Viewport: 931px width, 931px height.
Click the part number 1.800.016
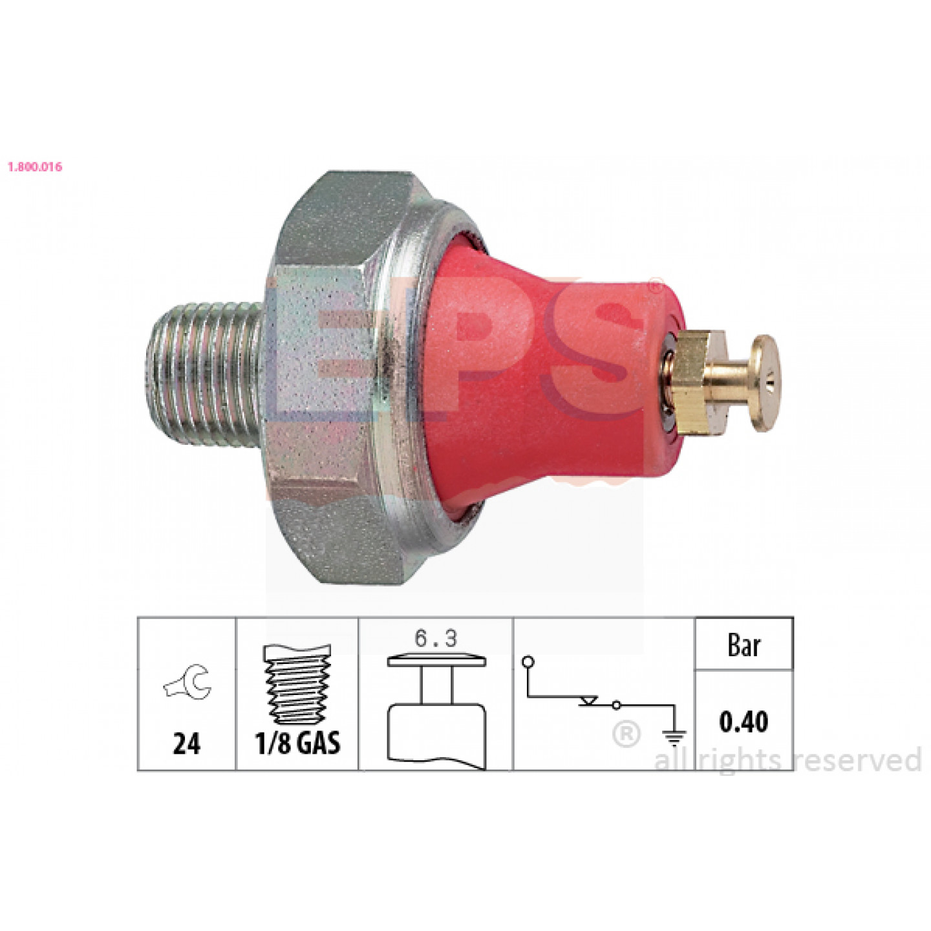click(35, 167)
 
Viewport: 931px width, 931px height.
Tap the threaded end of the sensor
click(205, 374)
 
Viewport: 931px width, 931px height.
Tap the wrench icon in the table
click(188, 681)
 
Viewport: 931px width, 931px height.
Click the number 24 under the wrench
click(186, 744)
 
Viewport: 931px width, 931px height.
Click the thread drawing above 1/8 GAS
click(297, 684)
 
